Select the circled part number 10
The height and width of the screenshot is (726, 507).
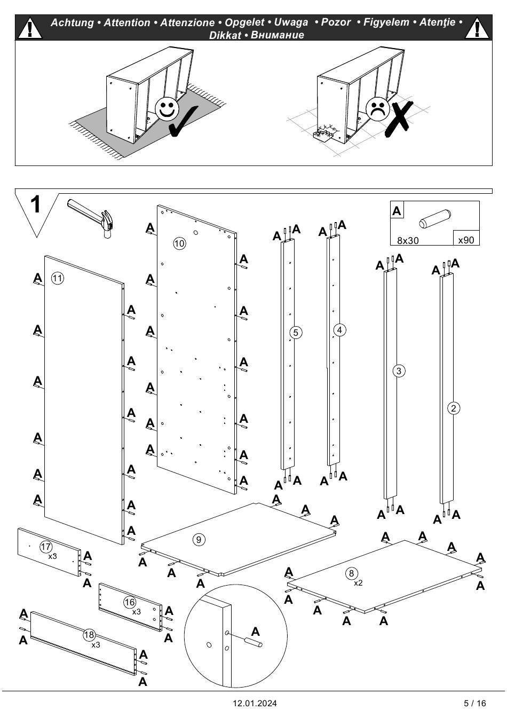coord(179,243)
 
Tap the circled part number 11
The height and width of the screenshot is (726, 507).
coord(58,278)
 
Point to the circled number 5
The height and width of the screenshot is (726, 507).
coord(296,333)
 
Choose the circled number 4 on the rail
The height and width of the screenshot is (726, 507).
coord(339,330)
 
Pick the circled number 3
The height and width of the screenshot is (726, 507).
coord(399,370)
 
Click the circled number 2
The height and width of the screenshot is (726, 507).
coord(453,408)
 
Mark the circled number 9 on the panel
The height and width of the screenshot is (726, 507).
coord(199,539)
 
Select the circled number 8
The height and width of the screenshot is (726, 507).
coord(351,573)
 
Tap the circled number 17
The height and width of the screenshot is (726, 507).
coord(46,546)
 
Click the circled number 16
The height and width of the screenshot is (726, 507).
coord(130,602)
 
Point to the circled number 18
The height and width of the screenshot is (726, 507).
coord(89,635)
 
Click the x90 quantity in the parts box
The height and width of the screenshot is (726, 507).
coord(466,240)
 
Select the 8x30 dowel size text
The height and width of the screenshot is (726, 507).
coord(408,240)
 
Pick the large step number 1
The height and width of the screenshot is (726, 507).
coord(36,204)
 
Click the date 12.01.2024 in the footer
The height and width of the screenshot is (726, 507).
coord(255,703)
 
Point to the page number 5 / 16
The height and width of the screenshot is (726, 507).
coord(475,703)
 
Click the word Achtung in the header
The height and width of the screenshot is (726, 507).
coord(73,22)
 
